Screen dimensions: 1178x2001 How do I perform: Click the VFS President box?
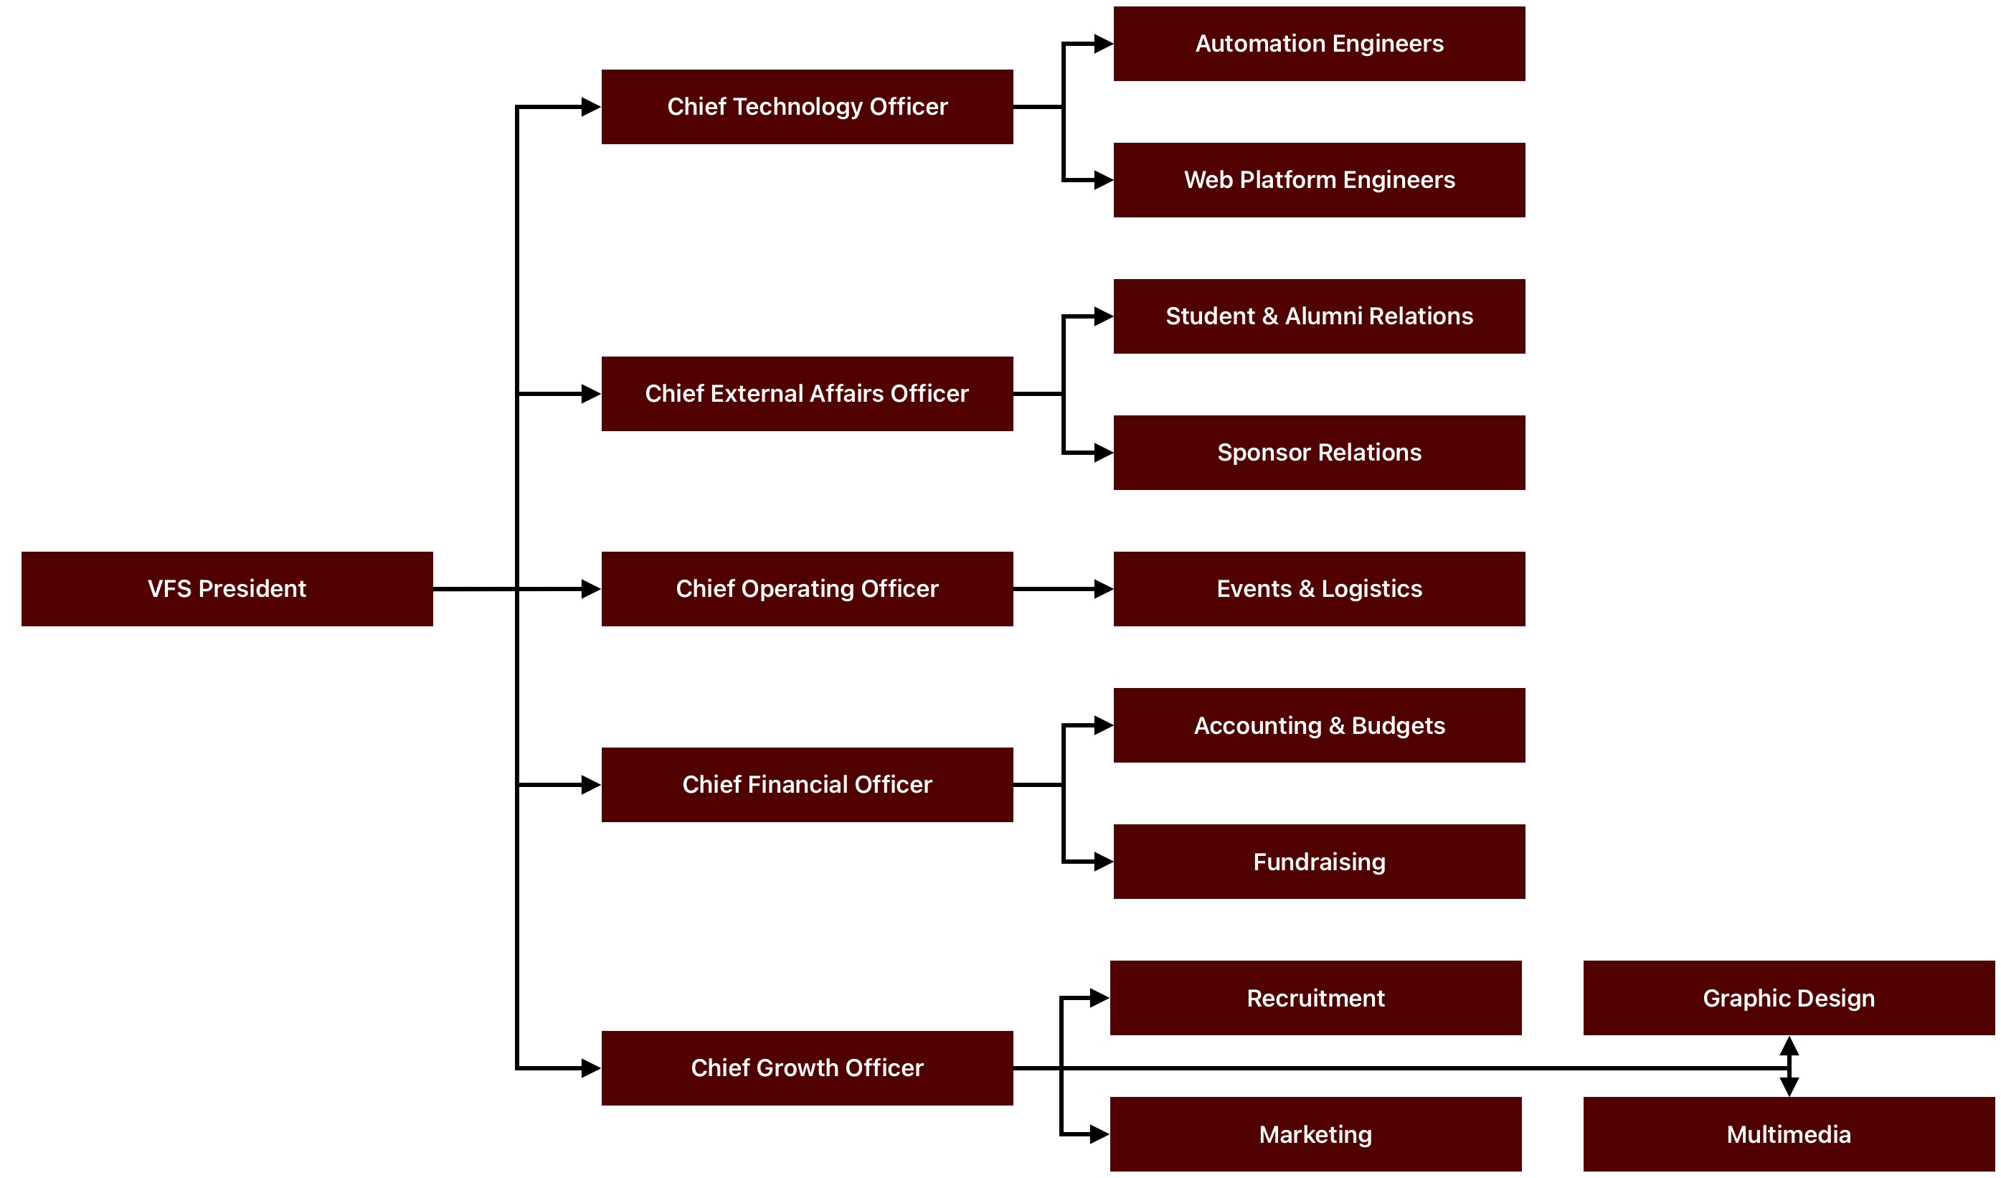(227, 588)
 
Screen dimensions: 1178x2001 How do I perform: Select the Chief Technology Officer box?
(807, 106)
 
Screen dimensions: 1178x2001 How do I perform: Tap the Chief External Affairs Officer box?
(807, 393)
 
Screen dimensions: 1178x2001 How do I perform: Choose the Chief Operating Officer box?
(807, 588)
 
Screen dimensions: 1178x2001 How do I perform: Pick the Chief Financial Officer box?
(807, 784)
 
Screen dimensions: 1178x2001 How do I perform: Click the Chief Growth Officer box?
(807, 1068)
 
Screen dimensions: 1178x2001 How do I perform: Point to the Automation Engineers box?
(1319, 44)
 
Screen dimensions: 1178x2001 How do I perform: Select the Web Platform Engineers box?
(1319, 179)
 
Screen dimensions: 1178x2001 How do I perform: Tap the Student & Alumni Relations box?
(1319, 316)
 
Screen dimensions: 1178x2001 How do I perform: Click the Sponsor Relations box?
(1319, 452)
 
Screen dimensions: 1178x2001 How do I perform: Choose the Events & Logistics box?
(1319, 588)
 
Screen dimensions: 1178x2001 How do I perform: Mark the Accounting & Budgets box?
(1319, 725)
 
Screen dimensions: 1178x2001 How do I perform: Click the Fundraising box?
(1319, 861)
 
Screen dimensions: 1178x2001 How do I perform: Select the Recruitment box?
(1315, 998)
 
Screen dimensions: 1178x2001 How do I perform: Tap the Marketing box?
(1315, 1134)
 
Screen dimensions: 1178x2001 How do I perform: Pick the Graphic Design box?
(1788, 998)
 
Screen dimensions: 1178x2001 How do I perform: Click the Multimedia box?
(1788, 1134)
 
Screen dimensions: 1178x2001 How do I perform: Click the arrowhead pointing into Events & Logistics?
(1104, 588)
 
